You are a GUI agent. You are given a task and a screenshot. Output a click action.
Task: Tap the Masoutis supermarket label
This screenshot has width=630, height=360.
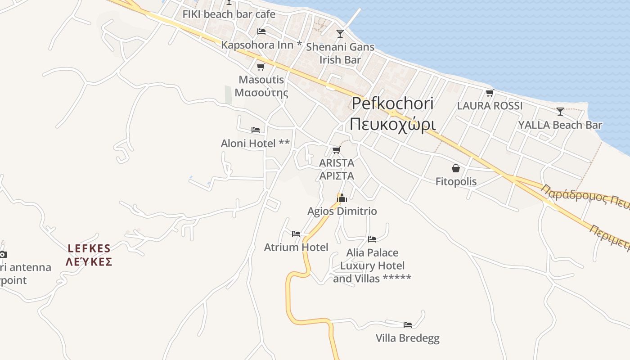[261, 86]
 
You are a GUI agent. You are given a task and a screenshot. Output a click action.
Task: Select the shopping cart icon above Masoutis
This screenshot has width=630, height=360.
[261, 67]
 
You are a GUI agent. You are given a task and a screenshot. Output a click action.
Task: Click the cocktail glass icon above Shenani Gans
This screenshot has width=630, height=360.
[340, 34]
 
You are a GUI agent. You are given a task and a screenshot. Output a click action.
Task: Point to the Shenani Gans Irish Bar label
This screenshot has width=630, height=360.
[340, 53]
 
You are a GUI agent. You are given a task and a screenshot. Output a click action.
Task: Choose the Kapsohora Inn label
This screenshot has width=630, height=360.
[261, 45]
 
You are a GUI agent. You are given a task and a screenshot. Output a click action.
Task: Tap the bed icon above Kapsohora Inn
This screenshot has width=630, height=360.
[261, 31]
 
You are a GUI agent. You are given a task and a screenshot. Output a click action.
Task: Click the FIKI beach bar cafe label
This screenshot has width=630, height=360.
[229, 14]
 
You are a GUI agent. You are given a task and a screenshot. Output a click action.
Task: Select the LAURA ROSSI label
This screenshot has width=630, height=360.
[490, 106]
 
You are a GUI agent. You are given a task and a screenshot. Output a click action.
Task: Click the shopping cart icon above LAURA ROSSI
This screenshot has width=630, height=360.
[490, 93]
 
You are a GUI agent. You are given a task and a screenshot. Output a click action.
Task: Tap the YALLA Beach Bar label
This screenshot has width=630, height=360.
[560, 125]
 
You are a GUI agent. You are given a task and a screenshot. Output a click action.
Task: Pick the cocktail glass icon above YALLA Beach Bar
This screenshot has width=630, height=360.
[560, 111]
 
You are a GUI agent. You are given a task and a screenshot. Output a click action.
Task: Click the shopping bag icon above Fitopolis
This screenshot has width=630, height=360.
[456, 168]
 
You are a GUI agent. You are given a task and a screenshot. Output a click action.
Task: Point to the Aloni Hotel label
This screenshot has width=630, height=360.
[255, 144]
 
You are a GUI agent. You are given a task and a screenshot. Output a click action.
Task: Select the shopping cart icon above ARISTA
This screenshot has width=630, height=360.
[336, 150]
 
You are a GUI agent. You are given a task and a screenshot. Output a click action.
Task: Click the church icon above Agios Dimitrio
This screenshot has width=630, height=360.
[342, 198]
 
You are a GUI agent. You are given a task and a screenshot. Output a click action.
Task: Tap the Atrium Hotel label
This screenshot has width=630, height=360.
[296, 247]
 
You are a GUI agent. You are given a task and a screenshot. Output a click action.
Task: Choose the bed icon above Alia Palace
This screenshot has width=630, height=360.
[372, 239]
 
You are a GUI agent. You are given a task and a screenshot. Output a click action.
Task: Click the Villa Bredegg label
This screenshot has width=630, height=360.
[408, 338]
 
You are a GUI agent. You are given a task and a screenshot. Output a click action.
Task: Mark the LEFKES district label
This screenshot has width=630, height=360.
[89, 255]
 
